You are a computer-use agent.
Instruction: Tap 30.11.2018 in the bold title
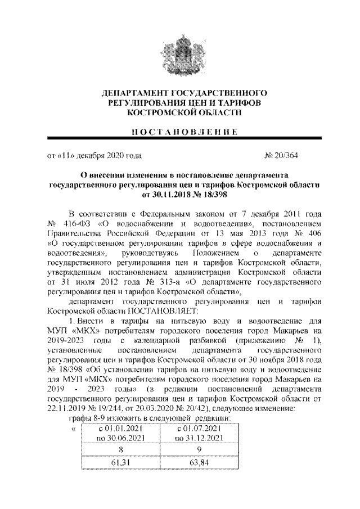pyautogui.click(x=170, y=194)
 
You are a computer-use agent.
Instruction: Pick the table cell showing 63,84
pyautogui.click(x=199, y=462)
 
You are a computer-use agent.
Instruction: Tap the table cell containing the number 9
pyautogui.click(x=199, y=449)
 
